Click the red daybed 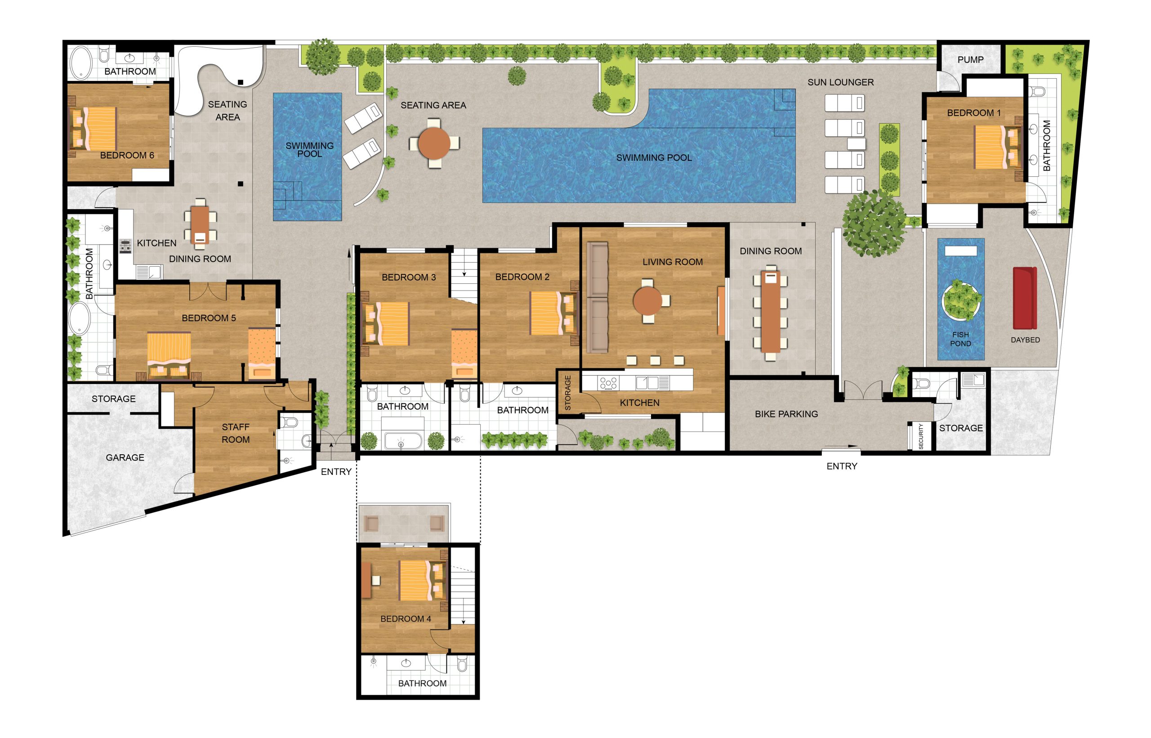[x=1025, y=298]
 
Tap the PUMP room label [x=970, y=60]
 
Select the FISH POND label [x=960, y=339]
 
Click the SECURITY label [x=921, y=437]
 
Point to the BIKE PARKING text [x=786, y=414]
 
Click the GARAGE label [x=125, y=458]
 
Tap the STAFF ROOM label [x=236, y=433]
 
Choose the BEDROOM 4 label [x=406, y=619]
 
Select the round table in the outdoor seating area [x=434, y=143]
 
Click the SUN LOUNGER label [x=841, y=82]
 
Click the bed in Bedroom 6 [x=94, y=129]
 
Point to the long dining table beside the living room [x=770, y=312]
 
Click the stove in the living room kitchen [x=608, y=383]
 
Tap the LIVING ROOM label [x=673, y=262]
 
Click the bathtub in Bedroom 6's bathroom [x=82, y=63]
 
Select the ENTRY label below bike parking [x=842, y=466]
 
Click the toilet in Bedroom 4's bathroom [x=462, y=665]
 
